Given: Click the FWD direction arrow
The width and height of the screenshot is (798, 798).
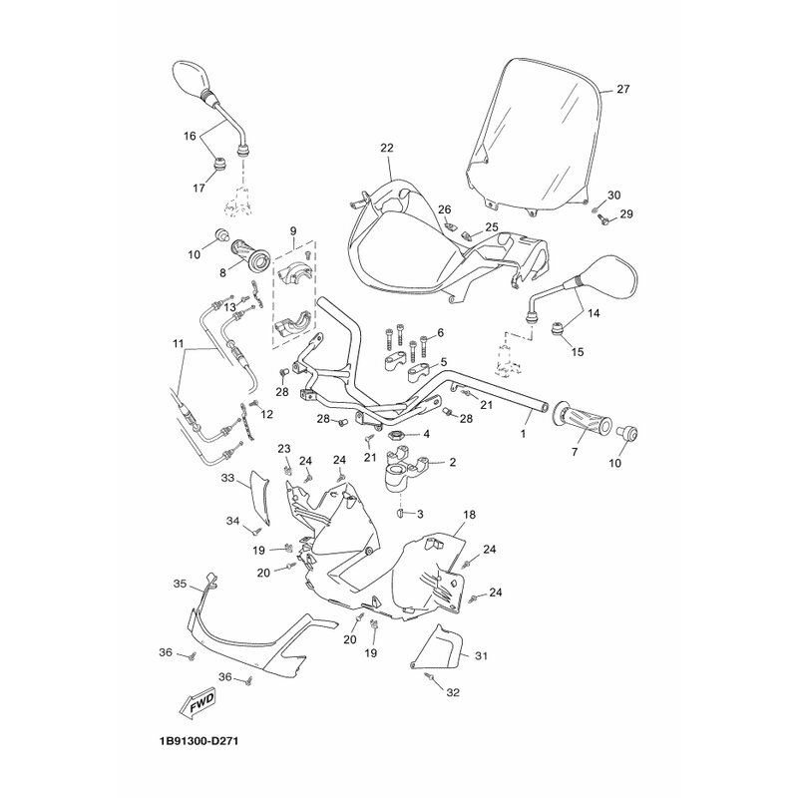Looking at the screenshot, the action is point(197,705).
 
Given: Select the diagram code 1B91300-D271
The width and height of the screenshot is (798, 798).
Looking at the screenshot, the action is point(195,741).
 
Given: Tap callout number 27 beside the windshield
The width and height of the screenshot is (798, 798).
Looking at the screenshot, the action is point(622,89).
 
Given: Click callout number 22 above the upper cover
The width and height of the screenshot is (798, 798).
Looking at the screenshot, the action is point(387,148).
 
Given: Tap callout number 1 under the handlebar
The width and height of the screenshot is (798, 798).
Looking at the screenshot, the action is point(523,434).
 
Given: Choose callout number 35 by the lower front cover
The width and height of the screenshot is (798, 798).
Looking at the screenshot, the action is point(181,584).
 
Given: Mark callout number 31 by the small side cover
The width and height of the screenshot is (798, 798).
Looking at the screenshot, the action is point(481,655).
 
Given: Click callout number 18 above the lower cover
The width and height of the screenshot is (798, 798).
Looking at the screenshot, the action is point(469,515).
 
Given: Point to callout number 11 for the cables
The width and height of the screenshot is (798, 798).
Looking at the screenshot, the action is point(178,344).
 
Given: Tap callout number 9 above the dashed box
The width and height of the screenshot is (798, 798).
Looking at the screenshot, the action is point(293,231).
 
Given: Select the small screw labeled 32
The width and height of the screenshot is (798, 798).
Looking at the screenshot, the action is point(430,676).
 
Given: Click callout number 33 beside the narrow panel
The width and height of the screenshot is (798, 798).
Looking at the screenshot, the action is point(227,478).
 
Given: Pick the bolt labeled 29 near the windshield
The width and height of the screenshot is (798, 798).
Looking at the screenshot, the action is point(605,220).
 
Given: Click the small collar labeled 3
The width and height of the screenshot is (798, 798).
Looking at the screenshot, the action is point(400,512).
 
